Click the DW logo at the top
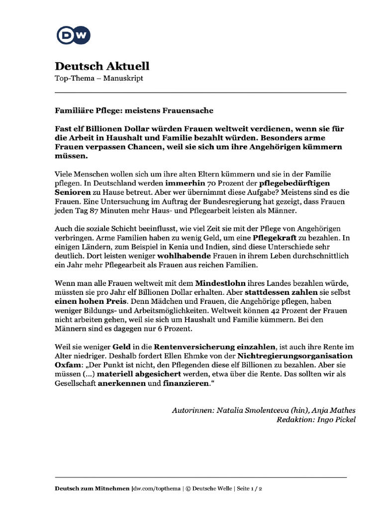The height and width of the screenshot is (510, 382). tap(73, 35)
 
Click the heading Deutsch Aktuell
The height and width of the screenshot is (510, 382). tap(101, 66)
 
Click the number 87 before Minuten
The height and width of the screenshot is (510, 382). tap(97, 211)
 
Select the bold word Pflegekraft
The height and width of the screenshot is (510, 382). tap(274, 238)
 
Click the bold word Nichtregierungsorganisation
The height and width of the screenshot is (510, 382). tap(295, 356)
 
